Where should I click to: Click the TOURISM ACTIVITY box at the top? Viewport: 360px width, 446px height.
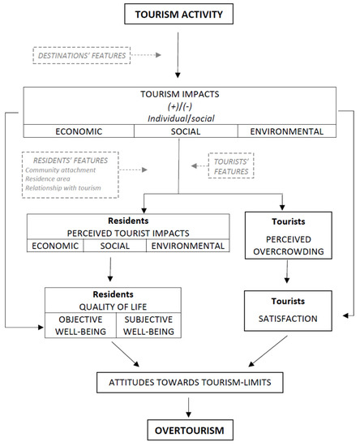tap(180, 14)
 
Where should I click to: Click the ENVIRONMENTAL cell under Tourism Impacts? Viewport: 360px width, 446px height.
tap(285, 130)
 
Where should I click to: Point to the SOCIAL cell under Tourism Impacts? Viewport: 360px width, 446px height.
tap(179, 130)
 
